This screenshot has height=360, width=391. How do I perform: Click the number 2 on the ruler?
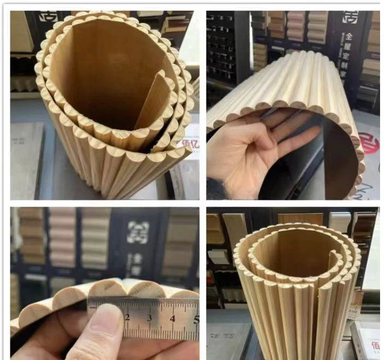tap(127, 317)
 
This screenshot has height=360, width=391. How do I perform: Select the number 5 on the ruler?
tap(195, 319)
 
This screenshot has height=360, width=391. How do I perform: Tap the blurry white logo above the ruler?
tap(137, 232)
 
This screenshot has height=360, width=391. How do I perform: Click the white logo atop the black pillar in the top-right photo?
tap(350, 17)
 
